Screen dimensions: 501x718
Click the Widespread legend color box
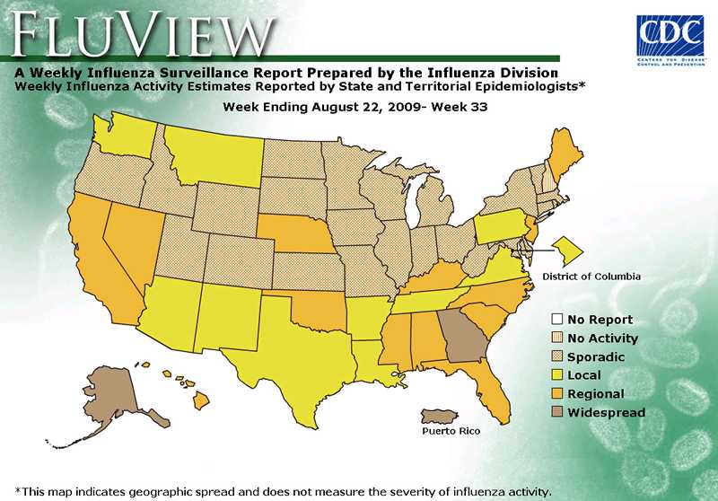click(557, 413)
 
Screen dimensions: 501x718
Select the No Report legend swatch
click(557, 319)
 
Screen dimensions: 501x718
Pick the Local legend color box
click(557, 375)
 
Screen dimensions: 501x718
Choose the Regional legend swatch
click(557, 394)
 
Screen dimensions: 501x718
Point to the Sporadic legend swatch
click(557, 356)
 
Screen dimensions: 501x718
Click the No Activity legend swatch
click(557, 338)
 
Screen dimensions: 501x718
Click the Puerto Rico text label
click(451, 431)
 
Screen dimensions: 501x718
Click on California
click(99, 260)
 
